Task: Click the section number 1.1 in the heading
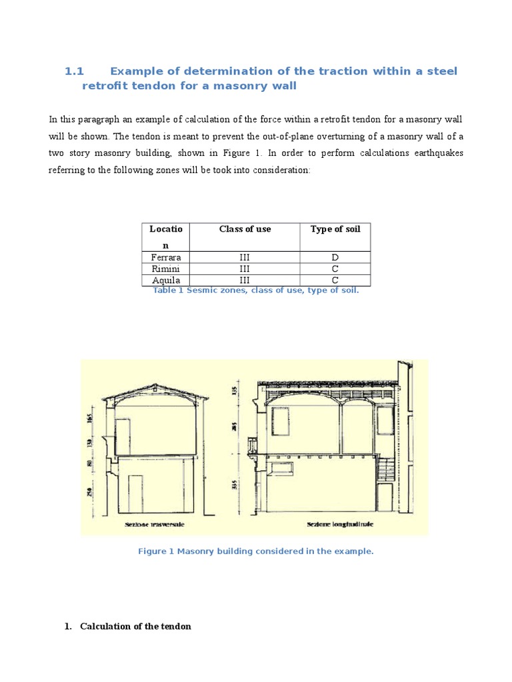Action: tap(75, 71)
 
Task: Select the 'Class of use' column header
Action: tap(245, 229)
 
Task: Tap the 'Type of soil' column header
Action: tap(335, 229)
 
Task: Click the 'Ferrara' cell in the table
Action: tap(166, 257)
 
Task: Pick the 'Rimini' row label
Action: tap(166, 268)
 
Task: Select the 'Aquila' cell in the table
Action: tap(166, 280)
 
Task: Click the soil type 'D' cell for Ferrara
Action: tap(335, 257)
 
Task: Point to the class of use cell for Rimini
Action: tap(245, 268)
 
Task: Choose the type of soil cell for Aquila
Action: tap(335, 280)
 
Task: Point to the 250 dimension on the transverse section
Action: tap(89, 492)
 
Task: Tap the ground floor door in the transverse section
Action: tap(135, 494)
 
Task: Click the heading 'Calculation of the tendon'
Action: tap(135, 626)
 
